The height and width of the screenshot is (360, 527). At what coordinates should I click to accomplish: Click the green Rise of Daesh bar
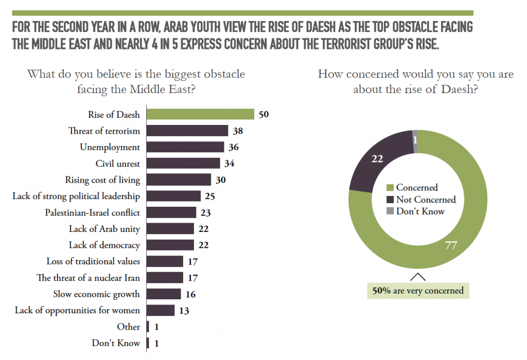[x=201, y=114]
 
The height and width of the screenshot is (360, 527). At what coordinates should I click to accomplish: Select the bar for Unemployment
[x=186, y=147]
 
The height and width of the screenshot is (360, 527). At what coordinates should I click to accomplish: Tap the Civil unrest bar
[x=184, y=164]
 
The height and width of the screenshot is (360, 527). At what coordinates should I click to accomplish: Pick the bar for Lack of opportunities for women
[x=161, y=310]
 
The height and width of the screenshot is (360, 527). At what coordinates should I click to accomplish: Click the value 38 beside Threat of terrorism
[x=237, y=131]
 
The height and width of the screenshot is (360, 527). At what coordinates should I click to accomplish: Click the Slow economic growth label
[x=96, y=294]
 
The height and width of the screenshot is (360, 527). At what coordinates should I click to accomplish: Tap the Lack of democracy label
[x=104, y=245]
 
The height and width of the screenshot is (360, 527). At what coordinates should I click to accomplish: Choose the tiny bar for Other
[x=148, y=327]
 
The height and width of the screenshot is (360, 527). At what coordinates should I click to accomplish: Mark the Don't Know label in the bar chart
[x=116, y=343]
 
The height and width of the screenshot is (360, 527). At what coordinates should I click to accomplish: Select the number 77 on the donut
[x=451, y=246]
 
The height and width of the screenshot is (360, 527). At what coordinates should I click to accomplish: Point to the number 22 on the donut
[x=378, y=159]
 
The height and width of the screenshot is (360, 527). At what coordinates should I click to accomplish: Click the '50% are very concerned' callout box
[x=417, y=291]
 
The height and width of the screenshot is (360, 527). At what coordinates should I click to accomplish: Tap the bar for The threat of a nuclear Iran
[x=165, y=278]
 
